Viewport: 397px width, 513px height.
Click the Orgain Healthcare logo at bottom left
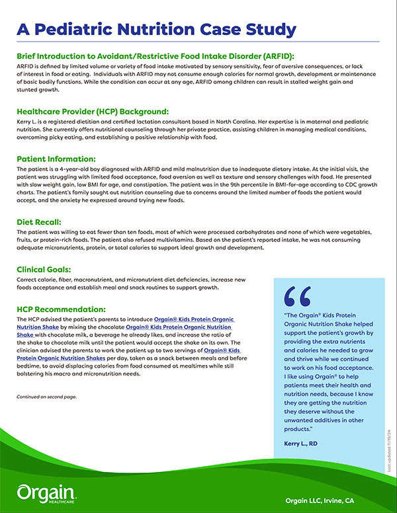[47, 492]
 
